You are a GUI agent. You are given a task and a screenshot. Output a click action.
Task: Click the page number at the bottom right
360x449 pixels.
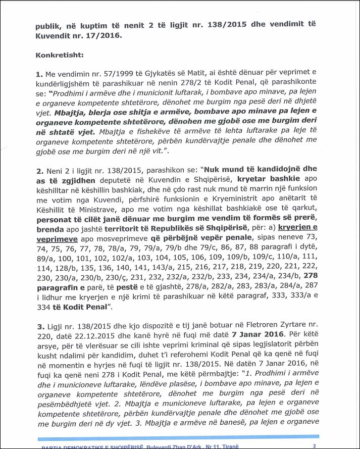(x=315, y=445)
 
